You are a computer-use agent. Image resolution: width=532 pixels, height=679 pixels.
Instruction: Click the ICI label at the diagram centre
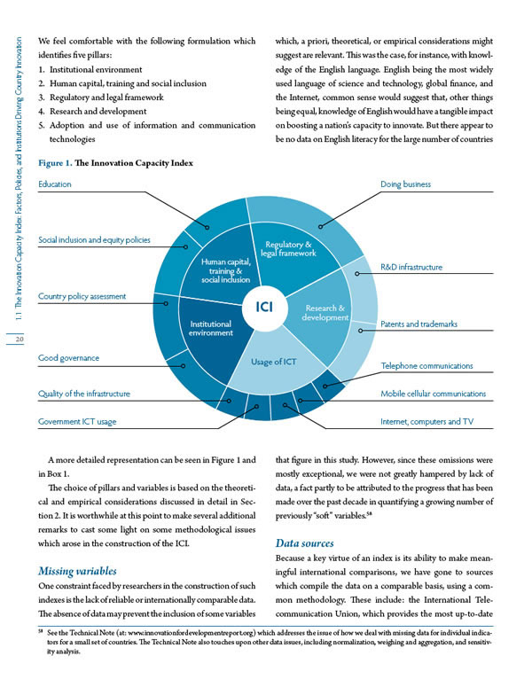(x=264, y=308)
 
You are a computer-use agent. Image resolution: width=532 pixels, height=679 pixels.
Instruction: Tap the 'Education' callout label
(x=54, y=184)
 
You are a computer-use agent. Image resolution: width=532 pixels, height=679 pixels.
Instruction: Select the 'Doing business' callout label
(x=405, y=184)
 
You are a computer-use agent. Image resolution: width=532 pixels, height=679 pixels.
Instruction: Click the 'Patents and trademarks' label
(x=419, y=324)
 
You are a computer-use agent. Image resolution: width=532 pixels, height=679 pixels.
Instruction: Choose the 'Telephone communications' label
(x=426, y=365)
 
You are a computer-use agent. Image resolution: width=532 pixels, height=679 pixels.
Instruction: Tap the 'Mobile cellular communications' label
(x=433, y=394)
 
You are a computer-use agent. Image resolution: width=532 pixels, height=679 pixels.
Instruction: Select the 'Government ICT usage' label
(x=77, y=422)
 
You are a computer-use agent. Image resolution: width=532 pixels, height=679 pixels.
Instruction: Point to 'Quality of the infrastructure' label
(x=84, y=394)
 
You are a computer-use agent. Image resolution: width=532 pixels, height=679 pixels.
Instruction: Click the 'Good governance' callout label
(x=68, y=358)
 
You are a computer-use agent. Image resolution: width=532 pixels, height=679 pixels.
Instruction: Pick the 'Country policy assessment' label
(x=82, y=296)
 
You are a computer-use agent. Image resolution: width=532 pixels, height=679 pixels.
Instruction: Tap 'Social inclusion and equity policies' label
(x=94, y=240)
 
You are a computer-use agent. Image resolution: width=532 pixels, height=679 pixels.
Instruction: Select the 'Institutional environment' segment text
(x=210, y=329)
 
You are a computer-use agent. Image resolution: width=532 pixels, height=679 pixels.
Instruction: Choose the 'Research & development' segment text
(x=324, y=313)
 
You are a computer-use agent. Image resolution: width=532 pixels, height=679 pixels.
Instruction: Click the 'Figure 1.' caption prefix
(x=55, y=163)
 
